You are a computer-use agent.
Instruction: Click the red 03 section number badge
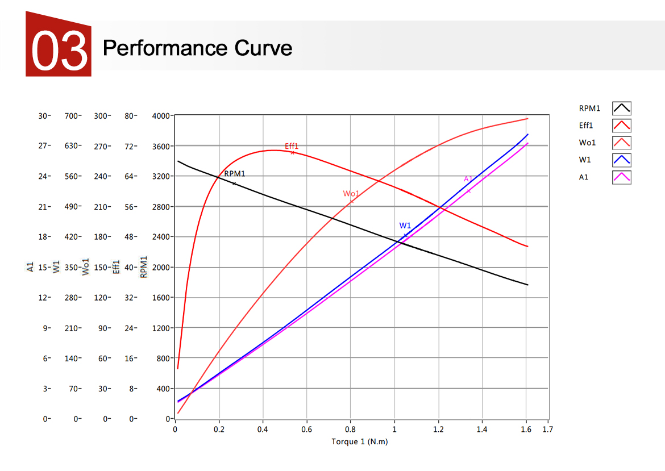(x=59, y=46)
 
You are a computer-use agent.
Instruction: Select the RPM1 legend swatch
(x=621, y=108)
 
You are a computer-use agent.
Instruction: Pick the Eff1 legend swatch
(x=621, y=125)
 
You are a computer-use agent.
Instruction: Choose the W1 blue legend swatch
(x=621, y=160)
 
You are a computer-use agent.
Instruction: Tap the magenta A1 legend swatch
(x=621, y=177)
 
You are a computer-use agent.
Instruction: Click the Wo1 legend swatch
(x=621, y=142)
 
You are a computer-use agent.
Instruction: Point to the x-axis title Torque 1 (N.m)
(x=359, y=441)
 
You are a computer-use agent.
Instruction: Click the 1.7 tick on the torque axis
(x=547, y=430)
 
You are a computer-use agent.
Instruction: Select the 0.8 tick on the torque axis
(x=351, y=430)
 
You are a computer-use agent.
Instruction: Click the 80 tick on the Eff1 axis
(x=130, y=116)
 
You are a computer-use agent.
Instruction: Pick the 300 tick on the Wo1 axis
(x=101, y=116)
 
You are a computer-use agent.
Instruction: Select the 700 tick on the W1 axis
(x=72, y=116)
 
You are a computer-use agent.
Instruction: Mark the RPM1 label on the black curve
(x=235, y=174)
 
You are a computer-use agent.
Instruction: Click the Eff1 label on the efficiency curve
(x=292, y=146)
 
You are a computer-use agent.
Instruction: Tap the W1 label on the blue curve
(x=405, y=226)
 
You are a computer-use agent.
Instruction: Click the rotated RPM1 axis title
(x=144, y=266)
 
